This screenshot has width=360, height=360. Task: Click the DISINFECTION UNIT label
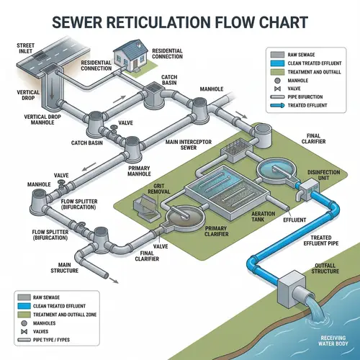pos(323,175)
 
